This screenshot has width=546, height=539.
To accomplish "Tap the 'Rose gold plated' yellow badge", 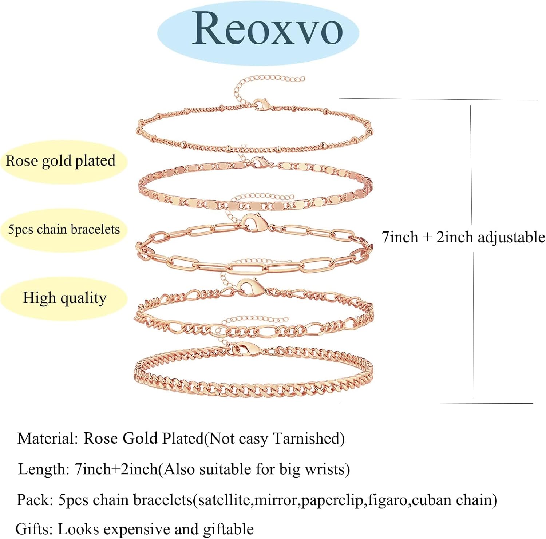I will pyautogui.click(x=61, y=161).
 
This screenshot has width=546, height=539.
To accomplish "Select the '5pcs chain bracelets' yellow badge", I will pyautogui.click(x=64, y=230).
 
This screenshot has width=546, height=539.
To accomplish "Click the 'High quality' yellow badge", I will pyautogui.click(x=65, y=298).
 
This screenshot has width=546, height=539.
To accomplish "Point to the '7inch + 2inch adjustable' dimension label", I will pyautogui.click(x=463, y=237).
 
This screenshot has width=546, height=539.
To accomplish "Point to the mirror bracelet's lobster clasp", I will pyautogui.click(x=259, y=162).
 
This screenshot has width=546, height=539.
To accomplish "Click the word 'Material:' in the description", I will pyautogui.click(x=48, y=439).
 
